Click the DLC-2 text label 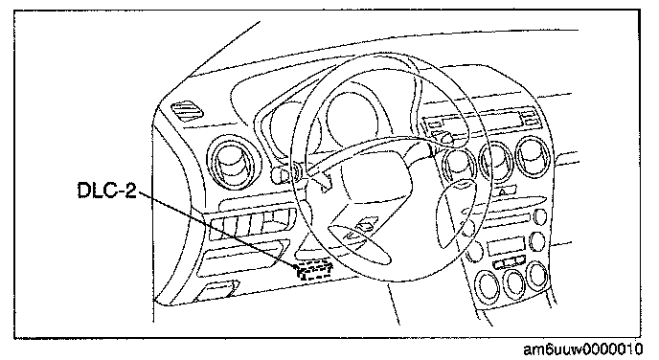tap(107, 191)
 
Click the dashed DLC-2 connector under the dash tap(315, 270)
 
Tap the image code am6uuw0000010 tap(583, 349)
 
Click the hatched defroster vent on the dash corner tap(188, 111)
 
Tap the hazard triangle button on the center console tap(503, 191)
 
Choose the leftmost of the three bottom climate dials tap(488, 286)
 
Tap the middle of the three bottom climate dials tap(514, 284)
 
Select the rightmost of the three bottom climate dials tap(538, 275)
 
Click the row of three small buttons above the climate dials tap(511, 263)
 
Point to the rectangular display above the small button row tap(506, 246)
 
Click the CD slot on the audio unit tap(508, 219)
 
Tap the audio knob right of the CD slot tap(540, 216)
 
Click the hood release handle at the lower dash tap(216, 291)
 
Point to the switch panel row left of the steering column tap(251, 224)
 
